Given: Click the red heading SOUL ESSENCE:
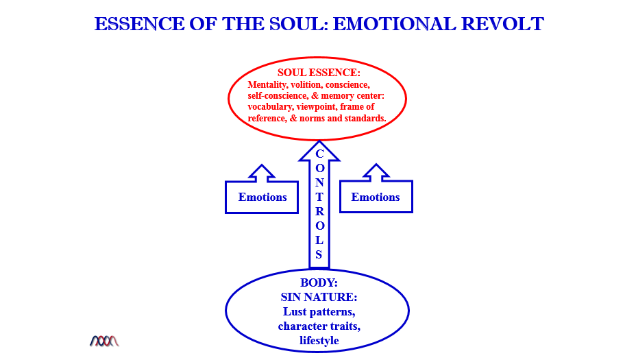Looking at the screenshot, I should [319, 72].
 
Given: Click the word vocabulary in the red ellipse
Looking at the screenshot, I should [274, 107].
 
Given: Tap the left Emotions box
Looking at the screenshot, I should [262, 197].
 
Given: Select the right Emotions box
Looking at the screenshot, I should [376, 197].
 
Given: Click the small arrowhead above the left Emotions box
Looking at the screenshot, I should [262, 172].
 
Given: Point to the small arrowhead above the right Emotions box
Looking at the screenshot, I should [376, 172].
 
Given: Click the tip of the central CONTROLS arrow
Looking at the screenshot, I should [319, 144].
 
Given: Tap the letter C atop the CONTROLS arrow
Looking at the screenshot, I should [319, 154].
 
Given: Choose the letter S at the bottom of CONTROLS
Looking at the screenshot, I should [319, 254].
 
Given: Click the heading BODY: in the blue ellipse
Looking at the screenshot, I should [319, 283].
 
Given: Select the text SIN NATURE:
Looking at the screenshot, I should [319, 297].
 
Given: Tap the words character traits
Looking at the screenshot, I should [319, 326].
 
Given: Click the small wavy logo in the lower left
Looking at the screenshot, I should [104, 340].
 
